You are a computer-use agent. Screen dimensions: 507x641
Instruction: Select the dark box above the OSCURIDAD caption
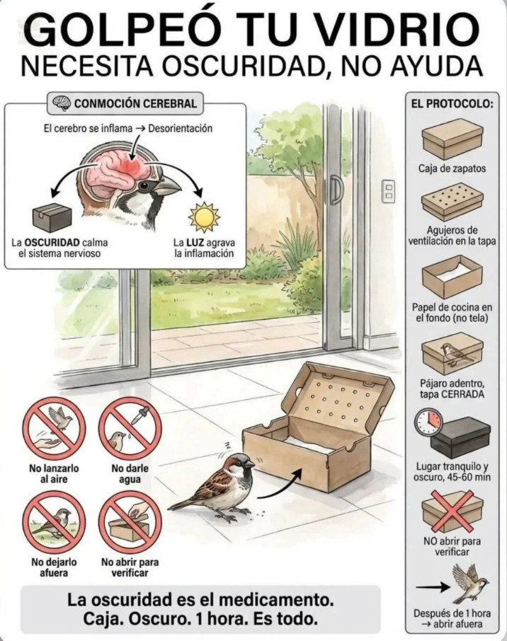[52, 217]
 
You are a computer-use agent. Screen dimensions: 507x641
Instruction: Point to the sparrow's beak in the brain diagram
[169, 187]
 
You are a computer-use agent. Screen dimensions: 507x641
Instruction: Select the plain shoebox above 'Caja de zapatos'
[452, 139]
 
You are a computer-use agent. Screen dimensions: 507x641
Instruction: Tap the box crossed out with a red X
[452, 511]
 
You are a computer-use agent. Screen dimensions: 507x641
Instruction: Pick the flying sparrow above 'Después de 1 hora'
[469, 583]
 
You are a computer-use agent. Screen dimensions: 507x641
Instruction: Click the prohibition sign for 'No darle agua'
[130, 429]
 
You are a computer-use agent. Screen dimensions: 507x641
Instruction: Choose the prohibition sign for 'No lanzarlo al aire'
[54, 429]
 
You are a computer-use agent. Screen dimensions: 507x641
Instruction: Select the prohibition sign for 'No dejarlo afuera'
[54, 521]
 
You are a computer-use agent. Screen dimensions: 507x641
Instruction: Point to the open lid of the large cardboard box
[338, 398]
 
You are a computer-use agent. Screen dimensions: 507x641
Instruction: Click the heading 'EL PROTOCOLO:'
[452, 103]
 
